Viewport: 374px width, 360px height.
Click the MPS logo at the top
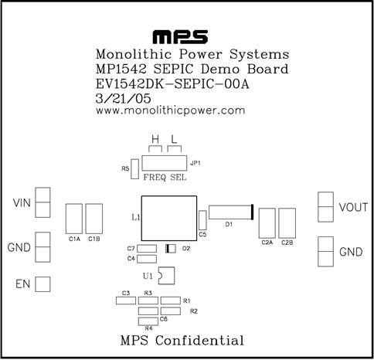coord(180,37)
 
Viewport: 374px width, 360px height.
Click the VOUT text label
coord(353,207)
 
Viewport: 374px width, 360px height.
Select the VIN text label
coord(22,203)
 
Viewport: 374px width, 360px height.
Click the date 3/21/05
coord(123,99)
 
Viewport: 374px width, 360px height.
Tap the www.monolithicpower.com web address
coord(170,110)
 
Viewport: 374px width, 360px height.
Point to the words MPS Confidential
coord(182,340)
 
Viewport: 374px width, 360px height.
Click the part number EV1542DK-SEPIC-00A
coord(172,84)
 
